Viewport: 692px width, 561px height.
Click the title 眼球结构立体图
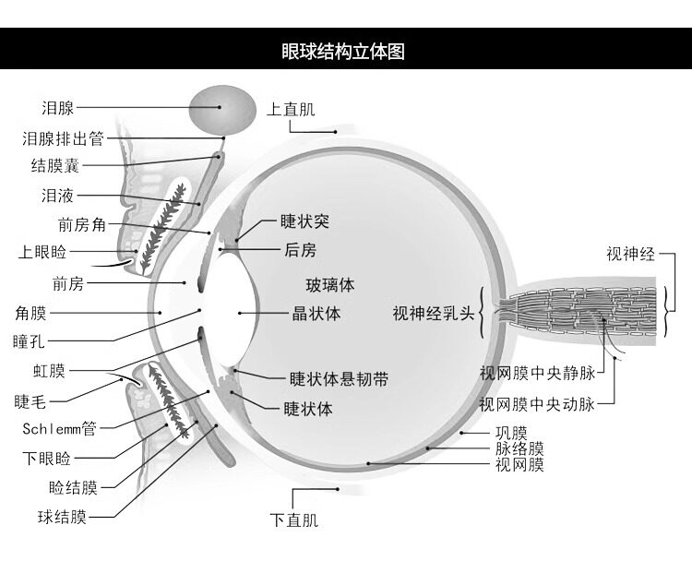click(343, 51)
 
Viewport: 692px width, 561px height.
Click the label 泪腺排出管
click(63, 138)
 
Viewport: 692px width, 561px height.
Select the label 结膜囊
click(55, 165)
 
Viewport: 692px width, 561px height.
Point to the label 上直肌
click(291, 109)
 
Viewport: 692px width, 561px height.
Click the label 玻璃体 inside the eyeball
click(330, 285)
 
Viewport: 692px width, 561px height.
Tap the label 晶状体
click(316, 314)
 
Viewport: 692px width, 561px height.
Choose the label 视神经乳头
click(434, 314)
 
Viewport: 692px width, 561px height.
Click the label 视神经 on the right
click(631, 254)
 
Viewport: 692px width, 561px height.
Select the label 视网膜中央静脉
click(538, 374)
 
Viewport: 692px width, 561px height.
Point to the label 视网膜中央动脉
click(538, 403)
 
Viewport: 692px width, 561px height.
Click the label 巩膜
click(511, 433)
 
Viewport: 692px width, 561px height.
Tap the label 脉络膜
click(519, 448)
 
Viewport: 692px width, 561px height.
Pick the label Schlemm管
click(60, 428)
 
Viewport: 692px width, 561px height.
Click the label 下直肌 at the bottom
click(294, 519)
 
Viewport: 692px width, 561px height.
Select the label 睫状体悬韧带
click(339, 379)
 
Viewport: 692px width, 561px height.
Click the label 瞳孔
click(30, 341)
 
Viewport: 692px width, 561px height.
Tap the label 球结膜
click(62, 517)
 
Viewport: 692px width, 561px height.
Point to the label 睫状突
click(305, 221)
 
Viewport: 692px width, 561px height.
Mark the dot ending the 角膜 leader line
click(160, 313)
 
